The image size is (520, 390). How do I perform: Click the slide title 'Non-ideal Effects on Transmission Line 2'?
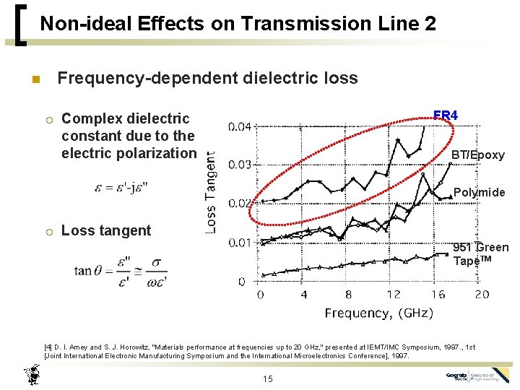tap(238, 24)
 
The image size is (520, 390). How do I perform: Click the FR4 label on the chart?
tap(445, 116)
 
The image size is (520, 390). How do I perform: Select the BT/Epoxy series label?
tap(477, 155)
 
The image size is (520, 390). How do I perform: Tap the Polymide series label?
tap(479, 193)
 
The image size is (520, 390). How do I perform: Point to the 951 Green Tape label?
tap(480, 254)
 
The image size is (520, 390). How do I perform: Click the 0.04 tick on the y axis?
tap(240, 127)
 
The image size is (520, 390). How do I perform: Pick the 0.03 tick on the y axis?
tap(240, 165)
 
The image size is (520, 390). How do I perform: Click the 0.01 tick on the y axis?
tap(240, 243)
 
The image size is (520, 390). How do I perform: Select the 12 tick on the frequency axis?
tap(393, 295)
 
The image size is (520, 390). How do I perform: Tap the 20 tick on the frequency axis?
tap(482, 295)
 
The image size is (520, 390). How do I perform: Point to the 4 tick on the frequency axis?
tap(303, 295)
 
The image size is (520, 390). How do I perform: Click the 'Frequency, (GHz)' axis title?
tap(378, 313)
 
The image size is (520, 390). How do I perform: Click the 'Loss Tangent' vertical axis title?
tap(210, 191)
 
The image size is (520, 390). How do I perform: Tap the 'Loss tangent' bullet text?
tap(106, 231)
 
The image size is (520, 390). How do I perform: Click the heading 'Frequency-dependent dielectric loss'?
tap(207, 77)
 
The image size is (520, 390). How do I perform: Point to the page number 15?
tap(268, 378)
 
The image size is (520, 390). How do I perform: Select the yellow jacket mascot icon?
tap(31, 374)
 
